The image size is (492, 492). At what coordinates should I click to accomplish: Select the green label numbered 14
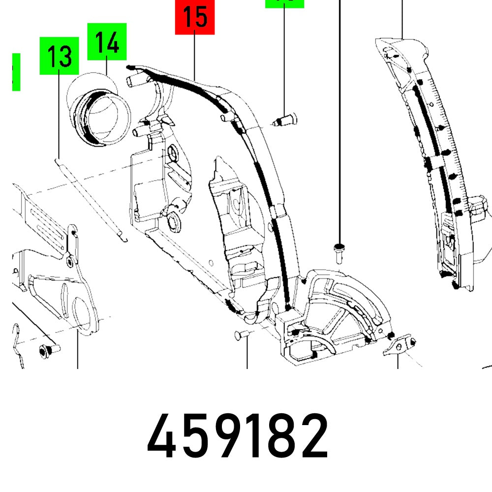click(x=107, y=42)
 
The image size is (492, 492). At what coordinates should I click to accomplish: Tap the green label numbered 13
click(x=59, y=56)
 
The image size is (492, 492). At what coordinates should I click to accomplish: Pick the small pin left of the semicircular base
click(x=240, y=335)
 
